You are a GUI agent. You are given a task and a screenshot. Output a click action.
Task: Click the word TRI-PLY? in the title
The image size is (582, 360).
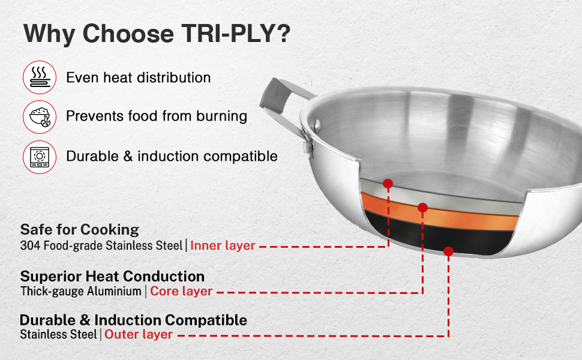(x=236, y=34)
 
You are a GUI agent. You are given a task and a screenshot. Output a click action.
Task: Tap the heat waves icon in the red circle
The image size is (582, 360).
(x=40, y=77)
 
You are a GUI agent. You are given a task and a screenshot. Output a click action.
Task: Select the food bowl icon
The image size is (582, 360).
(x=40, y=117)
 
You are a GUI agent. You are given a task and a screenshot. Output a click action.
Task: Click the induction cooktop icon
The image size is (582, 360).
(x=40, y=157)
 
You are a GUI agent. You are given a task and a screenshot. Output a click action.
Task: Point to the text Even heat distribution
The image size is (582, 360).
(x=139, y=77)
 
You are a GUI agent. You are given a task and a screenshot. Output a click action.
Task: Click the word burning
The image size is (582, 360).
(x=221, y=116)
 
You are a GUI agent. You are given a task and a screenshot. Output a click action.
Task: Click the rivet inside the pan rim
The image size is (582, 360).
(x=317, y=125)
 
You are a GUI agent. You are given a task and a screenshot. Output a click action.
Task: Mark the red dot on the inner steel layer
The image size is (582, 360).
(x=388, y=184)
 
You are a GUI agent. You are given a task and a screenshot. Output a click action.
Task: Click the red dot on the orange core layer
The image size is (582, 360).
(x=422, y=208)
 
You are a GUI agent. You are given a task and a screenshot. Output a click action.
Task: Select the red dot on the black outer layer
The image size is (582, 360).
(x=448, y=251)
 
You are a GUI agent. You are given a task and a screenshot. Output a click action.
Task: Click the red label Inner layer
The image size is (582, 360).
(x=223, y=245)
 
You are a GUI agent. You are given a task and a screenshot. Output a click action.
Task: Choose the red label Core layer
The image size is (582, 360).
(x=181, y=291)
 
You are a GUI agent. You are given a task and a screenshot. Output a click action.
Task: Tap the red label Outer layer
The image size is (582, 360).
(x=139, y=334)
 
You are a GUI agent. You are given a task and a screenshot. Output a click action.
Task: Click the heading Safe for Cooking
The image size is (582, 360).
(x=80, y=230)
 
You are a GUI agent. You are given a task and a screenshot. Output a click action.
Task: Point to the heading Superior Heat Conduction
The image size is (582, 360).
(x=112, y=276)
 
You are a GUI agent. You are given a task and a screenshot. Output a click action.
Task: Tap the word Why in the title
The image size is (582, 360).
(x=49, y=34)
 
